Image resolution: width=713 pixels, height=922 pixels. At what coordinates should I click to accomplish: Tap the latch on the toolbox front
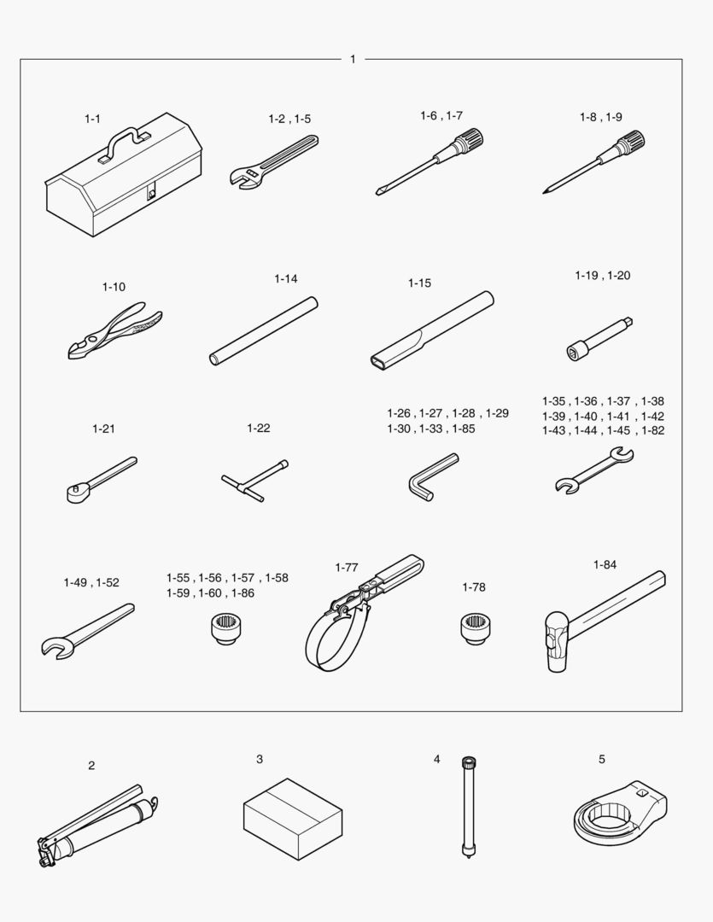[152, 192]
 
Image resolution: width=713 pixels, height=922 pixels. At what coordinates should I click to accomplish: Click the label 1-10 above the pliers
[114, 287]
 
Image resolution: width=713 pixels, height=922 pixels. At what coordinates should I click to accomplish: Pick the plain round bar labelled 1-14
[264, 331]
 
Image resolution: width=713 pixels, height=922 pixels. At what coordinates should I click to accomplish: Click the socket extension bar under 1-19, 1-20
[599, 339]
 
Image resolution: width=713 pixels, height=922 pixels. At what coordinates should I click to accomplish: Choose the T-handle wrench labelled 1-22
[254, 481]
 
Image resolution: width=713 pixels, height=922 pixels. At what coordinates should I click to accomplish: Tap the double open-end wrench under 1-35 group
[594, 470]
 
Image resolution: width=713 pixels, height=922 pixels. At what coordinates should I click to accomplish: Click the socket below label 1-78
[476, 628]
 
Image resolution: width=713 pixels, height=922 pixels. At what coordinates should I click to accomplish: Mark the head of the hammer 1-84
[556, 642]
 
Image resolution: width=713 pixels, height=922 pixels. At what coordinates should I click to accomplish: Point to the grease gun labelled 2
[97, 826]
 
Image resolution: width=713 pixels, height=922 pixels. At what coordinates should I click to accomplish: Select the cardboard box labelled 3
[293, 819]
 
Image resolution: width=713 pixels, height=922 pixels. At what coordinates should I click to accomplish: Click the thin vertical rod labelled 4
[468, 807]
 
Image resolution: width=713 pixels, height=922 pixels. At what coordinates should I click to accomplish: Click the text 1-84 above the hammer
[605, 565]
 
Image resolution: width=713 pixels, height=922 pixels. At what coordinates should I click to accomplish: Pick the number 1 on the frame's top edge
[353, 60]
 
